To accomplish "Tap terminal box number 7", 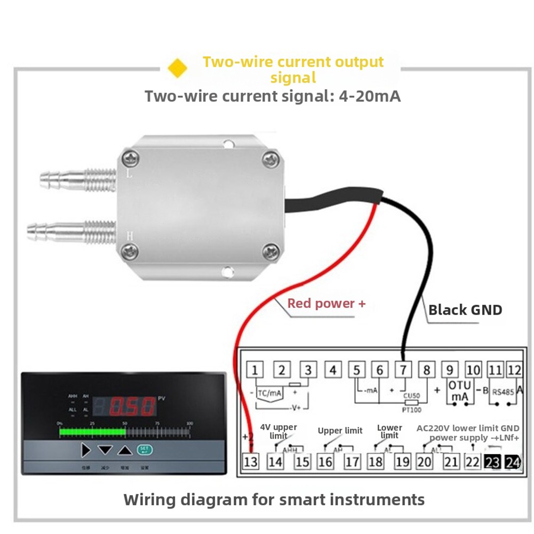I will point(403,370).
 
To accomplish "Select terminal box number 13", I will point(250,462).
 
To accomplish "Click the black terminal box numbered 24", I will point(513,462).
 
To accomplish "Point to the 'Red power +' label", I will point(326,304).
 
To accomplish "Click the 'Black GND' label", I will point(465,309).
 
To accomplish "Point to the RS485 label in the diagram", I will point(503,391).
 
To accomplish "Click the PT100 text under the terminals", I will point(411,410).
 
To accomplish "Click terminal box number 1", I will point(256,370).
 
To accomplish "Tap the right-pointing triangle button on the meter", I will point(86,450).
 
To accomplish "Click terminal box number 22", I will point(472,462).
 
